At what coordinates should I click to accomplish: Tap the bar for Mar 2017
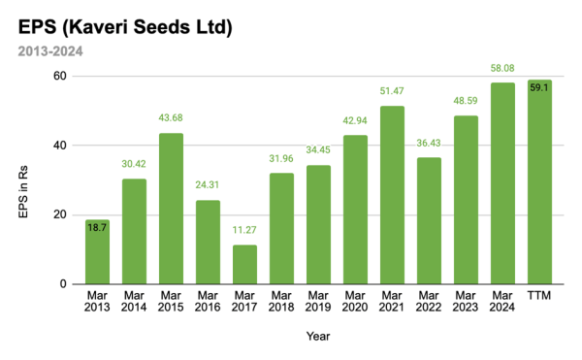pos(244,264)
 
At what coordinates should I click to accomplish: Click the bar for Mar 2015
pos(171,209)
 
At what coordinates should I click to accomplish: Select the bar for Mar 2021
pos(392,195)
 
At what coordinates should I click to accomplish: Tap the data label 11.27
pos(244,231)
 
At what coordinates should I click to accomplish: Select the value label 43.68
pos(171,119)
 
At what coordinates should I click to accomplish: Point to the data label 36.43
pos(429,144)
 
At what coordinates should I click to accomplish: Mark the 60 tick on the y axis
pos(60,76)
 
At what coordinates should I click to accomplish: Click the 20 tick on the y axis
pos(60,214)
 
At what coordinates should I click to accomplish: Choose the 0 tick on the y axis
pos(64,284)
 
